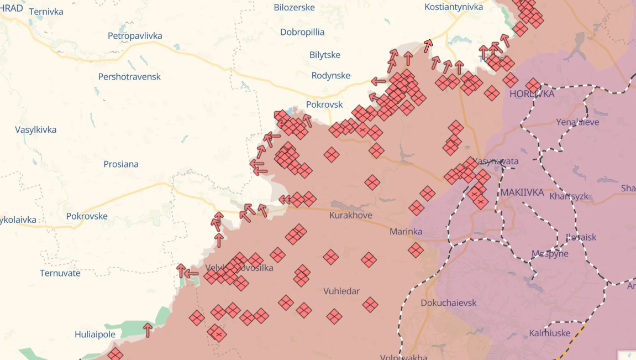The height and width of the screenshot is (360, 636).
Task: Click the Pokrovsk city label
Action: coord(324,105)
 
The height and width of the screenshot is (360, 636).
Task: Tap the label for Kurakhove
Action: coord(350,215)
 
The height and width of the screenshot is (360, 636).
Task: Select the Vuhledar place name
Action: coord(341,291)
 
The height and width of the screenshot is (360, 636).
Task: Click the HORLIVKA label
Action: coord(532,94)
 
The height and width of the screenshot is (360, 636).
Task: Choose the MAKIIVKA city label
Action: coord(522,192)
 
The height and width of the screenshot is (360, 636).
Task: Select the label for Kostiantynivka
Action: coord(453,7)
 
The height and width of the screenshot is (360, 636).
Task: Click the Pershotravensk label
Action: coord(129,76)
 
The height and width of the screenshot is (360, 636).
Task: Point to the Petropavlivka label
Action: coord(135,36)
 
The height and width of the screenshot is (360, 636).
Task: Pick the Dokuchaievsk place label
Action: coord(448,302)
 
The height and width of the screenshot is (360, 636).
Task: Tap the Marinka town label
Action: coord(406,231)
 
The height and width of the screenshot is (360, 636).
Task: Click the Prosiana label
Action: coord(121,164)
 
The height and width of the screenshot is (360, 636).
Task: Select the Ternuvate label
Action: coord(60,273)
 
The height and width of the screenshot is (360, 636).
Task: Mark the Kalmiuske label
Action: coord(549,333)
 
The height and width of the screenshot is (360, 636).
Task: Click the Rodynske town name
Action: coord(331,75)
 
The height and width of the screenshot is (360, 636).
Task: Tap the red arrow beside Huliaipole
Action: coord(148,330)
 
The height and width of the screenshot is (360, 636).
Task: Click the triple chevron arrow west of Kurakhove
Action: coord(285,200)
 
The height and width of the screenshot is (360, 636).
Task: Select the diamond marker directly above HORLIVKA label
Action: coord(533,85)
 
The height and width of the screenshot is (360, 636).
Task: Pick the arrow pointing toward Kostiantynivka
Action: coord(428,46)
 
